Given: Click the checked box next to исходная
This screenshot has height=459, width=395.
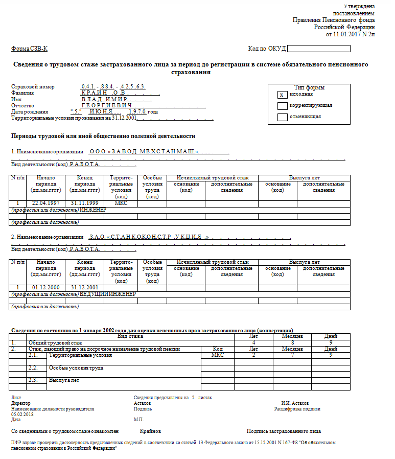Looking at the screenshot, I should click(x=281, y=95).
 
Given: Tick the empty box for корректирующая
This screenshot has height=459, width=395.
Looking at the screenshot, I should click(x=281, y=106).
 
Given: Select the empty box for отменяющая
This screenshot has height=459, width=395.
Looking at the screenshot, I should click(x=281, y=117).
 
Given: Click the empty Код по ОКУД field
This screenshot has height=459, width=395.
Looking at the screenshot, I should click(x=318, y=49).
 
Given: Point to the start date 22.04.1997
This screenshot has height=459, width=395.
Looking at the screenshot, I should click(x=46, y=203).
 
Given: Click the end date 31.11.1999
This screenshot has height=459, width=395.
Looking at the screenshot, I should click(x=84, y=203).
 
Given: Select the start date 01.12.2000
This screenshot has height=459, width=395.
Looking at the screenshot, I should click(x=46, y=287).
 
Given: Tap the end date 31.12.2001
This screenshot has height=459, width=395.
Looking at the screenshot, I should click(x=84, y=287).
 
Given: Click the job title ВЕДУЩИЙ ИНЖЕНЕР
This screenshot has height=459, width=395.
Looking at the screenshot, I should click(x=108, y=294).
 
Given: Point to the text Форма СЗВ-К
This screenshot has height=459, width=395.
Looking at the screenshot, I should click(x=29, y=49).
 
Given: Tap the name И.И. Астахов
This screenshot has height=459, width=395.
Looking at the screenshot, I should click(x=295, y=403).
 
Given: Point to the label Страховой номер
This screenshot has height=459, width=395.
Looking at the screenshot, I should click(x=32, y=87).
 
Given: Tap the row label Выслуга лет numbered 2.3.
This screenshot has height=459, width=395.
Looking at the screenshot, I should click(x=64, y=380).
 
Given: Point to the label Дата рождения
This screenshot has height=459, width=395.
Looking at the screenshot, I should click(x=30, y=111).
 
